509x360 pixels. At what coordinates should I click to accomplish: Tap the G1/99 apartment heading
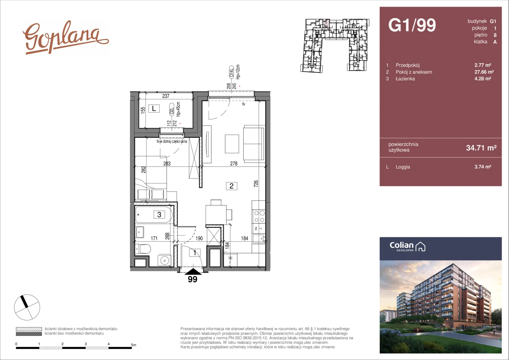click(412, 25)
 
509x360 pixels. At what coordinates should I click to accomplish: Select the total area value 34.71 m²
click(481, 148)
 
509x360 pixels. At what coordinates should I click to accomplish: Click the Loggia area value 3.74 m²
click(483, 167)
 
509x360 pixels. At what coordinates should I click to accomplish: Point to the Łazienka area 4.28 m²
click(483, 79)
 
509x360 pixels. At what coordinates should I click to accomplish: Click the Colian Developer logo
click(407, 247)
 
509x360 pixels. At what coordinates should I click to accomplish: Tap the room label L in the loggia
click(154, 108)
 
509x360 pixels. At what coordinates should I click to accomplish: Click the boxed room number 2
click(232, 186)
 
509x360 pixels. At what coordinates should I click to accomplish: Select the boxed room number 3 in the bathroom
click(159, 214)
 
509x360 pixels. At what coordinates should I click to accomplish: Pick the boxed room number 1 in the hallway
click(195, 253)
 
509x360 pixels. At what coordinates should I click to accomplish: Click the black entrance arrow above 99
click(193, 272)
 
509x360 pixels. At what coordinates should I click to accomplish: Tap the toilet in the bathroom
click(143, 249)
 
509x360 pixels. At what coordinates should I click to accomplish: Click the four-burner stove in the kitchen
click(259, 217)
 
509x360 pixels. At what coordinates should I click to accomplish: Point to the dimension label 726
click(256, 184)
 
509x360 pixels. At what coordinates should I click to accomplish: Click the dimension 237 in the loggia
click(166, 96)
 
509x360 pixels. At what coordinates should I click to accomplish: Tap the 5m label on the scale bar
click(134, 345)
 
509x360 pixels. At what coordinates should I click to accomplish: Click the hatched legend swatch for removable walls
click(29, 329)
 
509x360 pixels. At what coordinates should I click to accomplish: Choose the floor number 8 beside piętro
click(495, 35)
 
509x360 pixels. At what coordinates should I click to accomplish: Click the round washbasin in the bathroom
click(165, 260)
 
